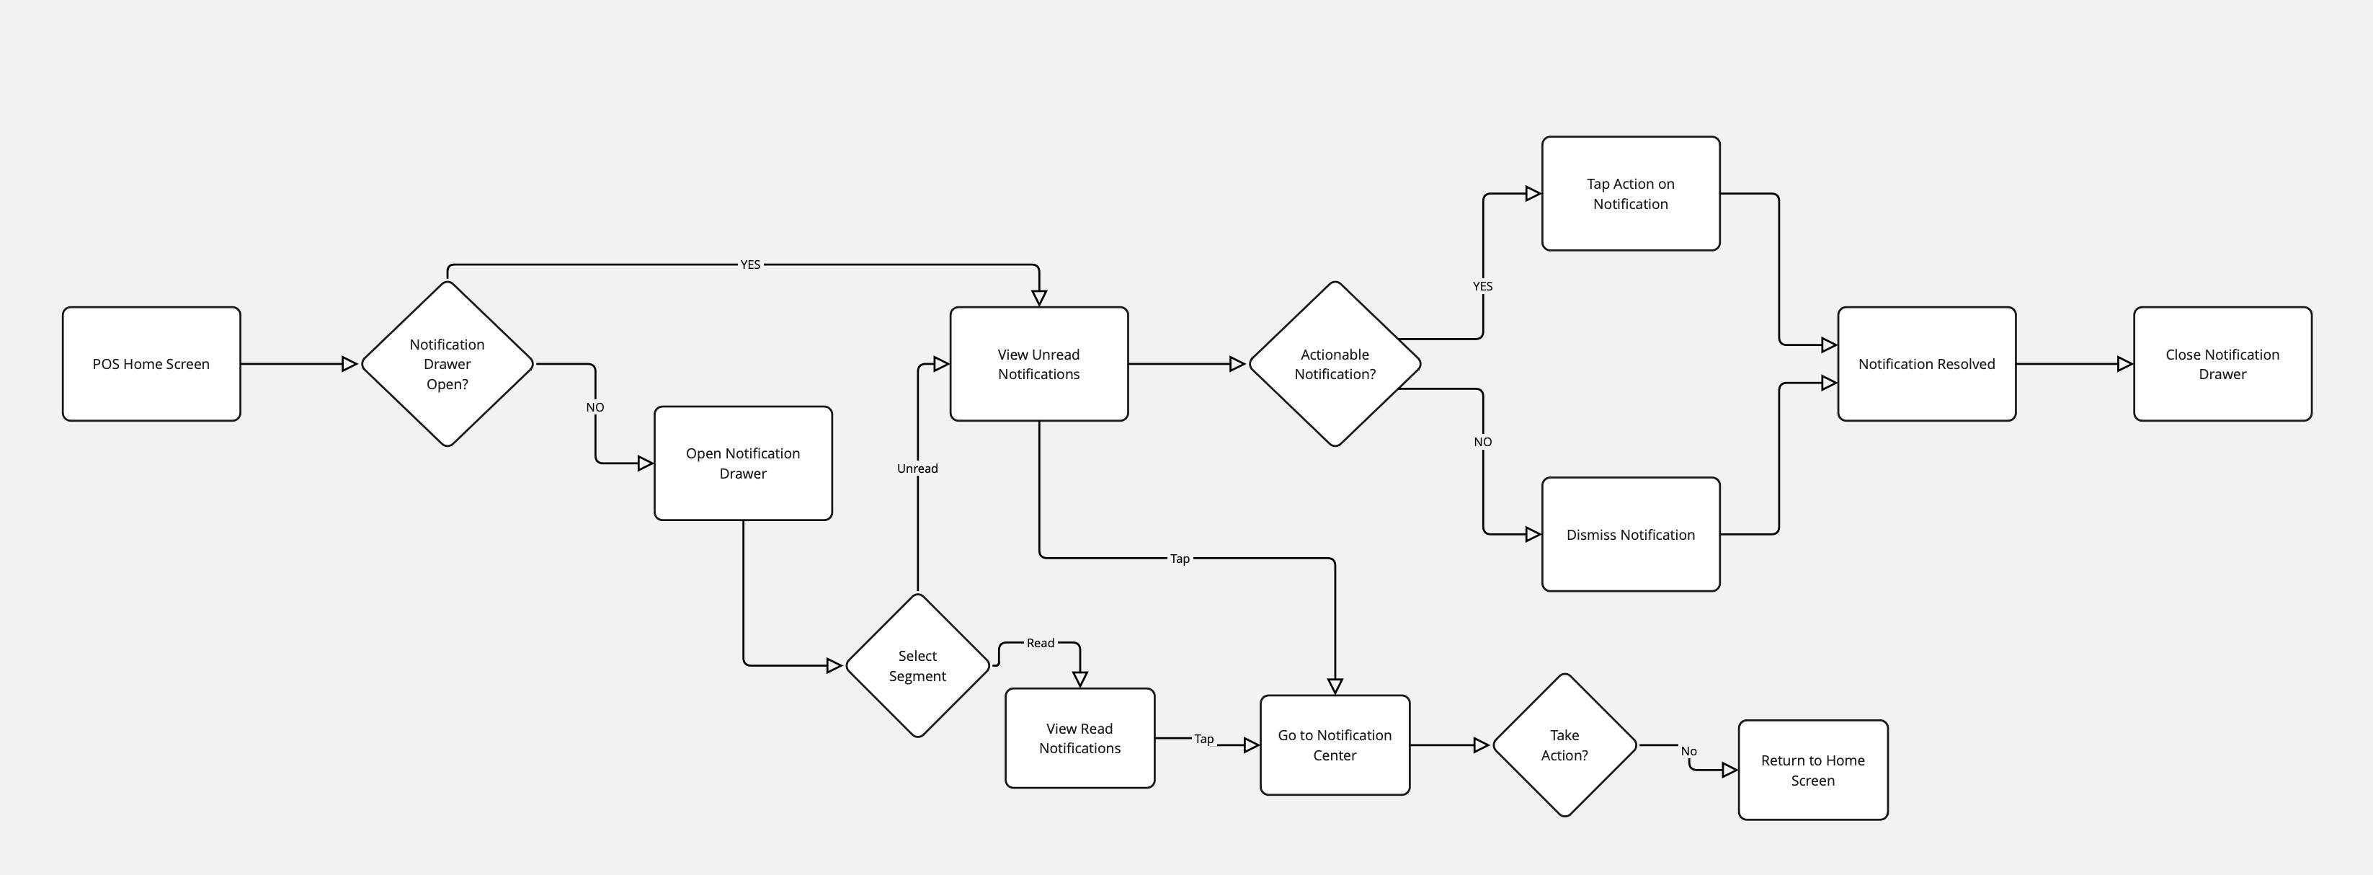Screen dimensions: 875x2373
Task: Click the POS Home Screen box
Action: coord(151,364)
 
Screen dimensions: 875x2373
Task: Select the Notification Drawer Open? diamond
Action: coord(447,364)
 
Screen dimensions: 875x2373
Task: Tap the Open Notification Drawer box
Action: coord(742,463)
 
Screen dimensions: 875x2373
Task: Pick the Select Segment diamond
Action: coord(917,666)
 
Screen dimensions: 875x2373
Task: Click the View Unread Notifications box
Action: coord(1038,364)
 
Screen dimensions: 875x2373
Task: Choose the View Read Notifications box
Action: coord(1079,738)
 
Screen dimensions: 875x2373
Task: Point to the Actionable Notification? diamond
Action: coord(1334,364)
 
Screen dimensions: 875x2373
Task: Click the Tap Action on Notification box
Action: coord(1631,193)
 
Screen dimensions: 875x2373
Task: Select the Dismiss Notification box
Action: coord(1631,534)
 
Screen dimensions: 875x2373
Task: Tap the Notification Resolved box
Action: coord(1926,364)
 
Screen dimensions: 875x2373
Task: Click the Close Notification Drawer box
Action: coord(2222,364)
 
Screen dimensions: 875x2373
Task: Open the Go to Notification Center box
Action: coord(1334,745)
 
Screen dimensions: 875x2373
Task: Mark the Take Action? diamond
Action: coord(1564,745)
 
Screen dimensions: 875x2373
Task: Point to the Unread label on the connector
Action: coord(917,468)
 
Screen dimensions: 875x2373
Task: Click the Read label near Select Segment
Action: coord(1040,643)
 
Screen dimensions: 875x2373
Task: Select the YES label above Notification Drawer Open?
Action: coord(751,265)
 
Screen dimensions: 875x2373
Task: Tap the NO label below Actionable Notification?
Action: coord(1482,442)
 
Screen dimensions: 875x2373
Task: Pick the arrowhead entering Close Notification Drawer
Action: coord(2125,364)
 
